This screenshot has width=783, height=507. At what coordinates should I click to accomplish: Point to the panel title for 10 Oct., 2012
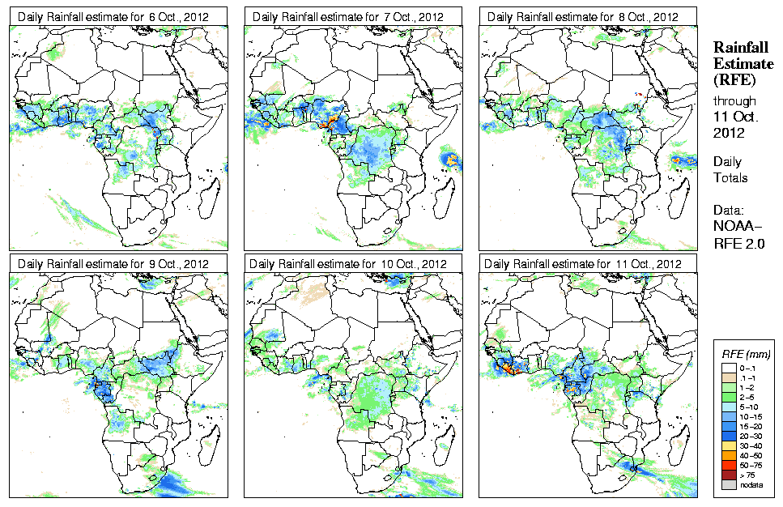[348, 264]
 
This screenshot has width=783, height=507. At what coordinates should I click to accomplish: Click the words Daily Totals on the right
[731, 169]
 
